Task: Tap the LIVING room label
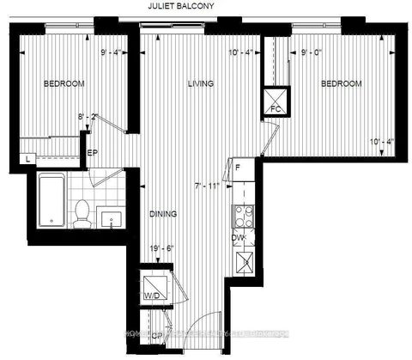click(x=201, y=83)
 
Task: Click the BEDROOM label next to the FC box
click(x=342, y=83)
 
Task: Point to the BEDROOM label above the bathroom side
click(x=64, y=83)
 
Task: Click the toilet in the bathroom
click(x=82, y=212)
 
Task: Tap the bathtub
click(x=51, y=200)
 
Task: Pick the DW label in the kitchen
click(x=239, y=238)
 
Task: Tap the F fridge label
click(x=238, y=169)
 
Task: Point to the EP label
click(x=92, y=155)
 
